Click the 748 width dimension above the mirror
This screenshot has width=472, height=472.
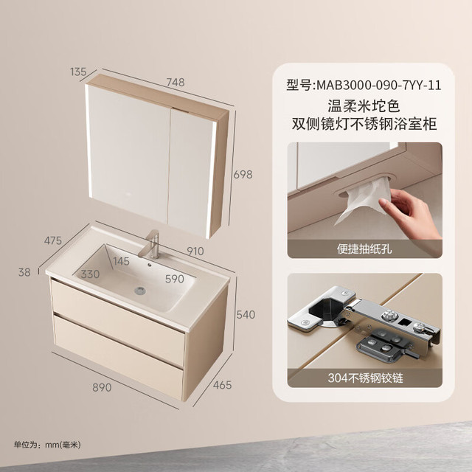click(x=176, y=82)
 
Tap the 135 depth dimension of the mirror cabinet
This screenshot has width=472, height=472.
click(x=78, y=72)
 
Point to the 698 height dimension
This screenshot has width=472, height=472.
click(x=243, y=175)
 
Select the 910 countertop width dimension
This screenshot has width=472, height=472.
click(x=195, y=251)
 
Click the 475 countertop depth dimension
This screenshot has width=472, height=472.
click(x=53, y=240)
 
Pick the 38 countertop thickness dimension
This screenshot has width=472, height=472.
click(x=24, y=272)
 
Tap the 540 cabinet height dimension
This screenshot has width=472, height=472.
click(x=246, y=315)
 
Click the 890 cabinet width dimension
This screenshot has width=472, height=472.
click(x=102, y=387)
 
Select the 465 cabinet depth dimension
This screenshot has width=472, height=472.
click(x=223, y=385)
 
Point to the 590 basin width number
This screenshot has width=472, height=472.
click(x=175, y=279)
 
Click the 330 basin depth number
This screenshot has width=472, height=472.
click(x=90, y=274)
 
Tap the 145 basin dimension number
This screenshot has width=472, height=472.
click(x=121, y=261)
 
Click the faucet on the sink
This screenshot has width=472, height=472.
click(x=150, y=244)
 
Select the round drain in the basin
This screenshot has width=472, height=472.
click(x=140, y=291)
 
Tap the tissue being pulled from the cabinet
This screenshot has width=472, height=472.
click(x=363, y=200)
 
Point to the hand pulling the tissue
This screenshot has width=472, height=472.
click(x=412, y=214)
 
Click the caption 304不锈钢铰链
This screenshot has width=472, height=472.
click(x=365, y=378)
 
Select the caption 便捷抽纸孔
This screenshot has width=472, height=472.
click(x=364, y=249)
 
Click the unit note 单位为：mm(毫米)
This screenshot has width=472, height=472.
click(x=47, y=445)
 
